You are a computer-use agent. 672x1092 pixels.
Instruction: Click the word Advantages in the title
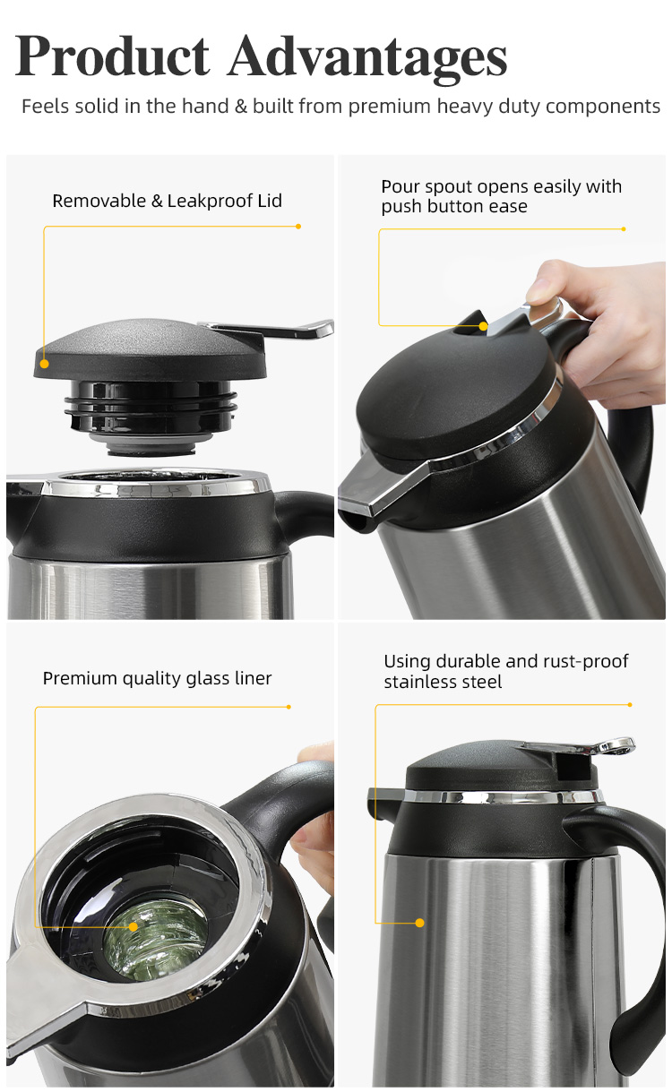(x=368, y=58)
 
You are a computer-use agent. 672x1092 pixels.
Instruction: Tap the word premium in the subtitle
(x=390, y=107)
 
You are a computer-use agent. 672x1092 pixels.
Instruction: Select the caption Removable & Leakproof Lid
(x=167, y=201)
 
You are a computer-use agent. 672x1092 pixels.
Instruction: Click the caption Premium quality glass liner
(x=157, y=678)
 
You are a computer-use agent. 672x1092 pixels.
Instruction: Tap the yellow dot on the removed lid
(x=45, y=364)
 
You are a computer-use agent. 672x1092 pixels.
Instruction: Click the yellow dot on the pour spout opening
(x=483, y=326)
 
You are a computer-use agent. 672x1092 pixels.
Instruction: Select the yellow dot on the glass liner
(x=134, y=926)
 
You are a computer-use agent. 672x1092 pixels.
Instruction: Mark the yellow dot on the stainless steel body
(x=420, y=923)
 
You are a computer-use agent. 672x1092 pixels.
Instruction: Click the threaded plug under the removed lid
(x=151, y=417)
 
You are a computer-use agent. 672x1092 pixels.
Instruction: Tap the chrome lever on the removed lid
(x=272, y=329)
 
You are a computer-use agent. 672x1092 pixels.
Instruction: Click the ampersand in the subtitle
(x=240, y=107)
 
